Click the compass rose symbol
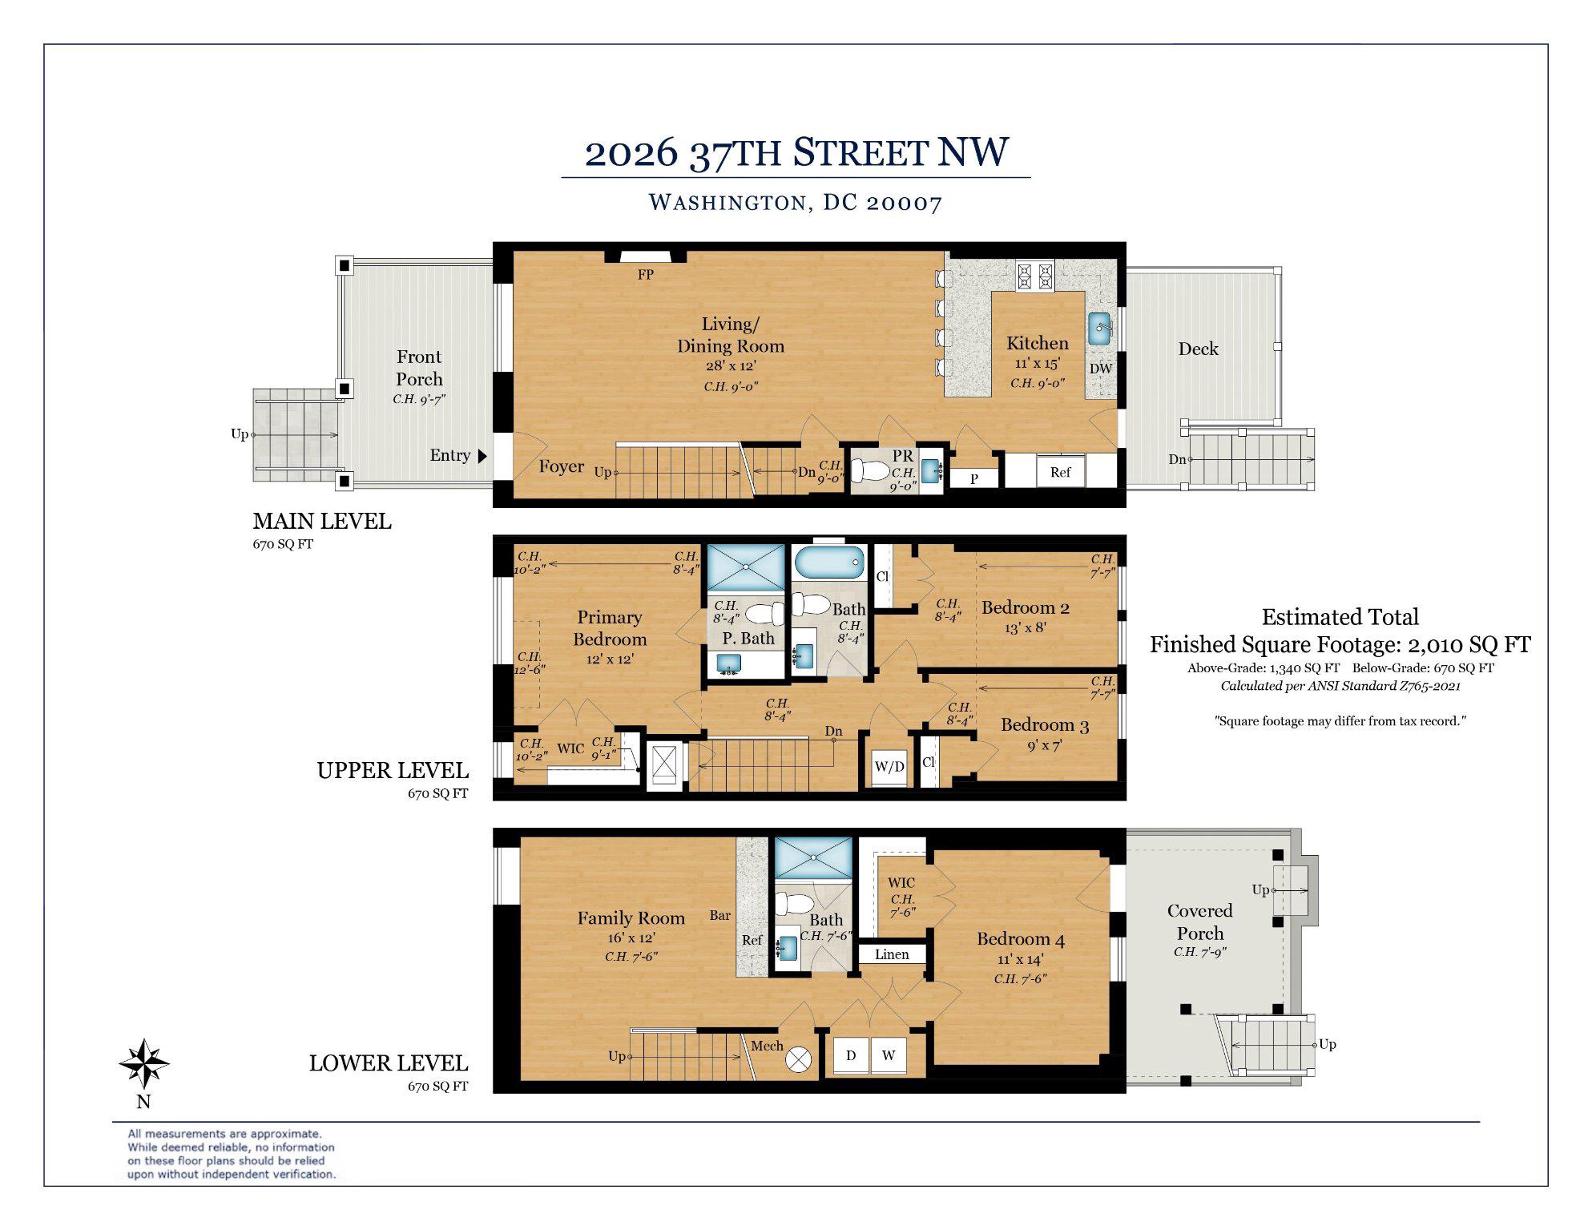[x=143, y=1063]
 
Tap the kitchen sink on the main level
[x=1101, y=328]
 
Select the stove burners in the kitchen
[x=1034, y=276]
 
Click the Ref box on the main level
[x=1060, y=472]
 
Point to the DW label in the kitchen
[x=1101, y=369]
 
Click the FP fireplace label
[x=645, y=275]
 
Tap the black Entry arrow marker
[x=482, y=456]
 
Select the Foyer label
[x=561, y=466]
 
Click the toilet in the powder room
[x=868, y=470]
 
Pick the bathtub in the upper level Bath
[x=830, y=563]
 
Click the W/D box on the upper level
[x=889, y=766]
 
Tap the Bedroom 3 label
[x=1044, y=725]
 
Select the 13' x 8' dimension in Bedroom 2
[x=1025, y=627]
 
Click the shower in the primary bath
[x=746, y=567]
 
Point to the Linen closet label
[x=892, y=954]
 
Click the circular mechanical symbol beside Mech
[x=798, y=1059]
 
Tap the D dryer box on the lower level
[x=851, y=1055]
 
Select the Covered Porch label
[x=1199, y=921]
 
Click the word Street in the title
[x=860, y=152]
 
